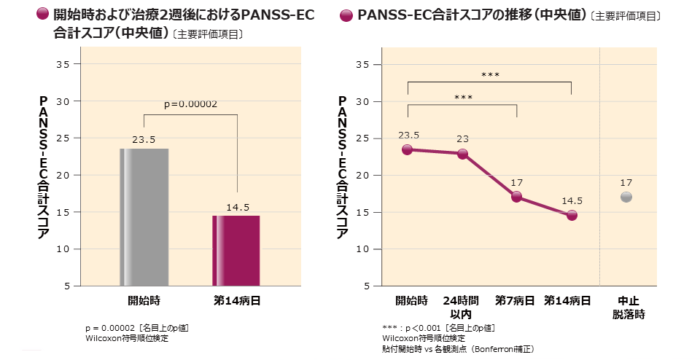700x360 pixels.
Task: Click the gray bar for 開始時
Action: click(144, 216)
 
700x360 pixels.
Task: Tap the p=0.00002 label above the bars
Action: click(190, 104)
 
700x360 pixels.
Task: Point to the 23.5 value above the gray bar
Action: click(144, 139)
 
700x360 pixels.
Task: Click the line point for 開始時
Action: click(408, 149)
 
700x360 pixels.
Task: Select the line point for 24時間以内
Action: click(462, 154)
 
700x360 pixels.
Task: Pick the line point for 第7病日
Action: click(517, 197)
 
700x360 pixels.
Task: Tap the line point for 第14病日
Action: click(572, 215)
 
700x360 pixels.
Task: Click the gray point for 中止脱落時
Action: click(626, 197)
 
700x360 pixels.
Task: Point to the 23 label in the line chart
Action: click(462, 138)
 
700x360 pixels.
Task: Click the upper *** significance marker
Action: click(490, 74)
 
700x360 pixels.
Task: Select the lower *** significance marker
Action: click(463, 97)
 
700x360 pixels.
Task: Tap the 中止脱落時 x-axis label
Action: click(629, 308)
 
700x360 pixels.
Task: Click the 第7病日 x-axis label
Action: click(515, 300)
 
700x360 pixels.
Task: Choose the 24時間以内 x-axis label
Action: click(461, 308)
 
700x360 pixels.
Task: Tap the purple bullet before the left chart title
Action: click(42, 14)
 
